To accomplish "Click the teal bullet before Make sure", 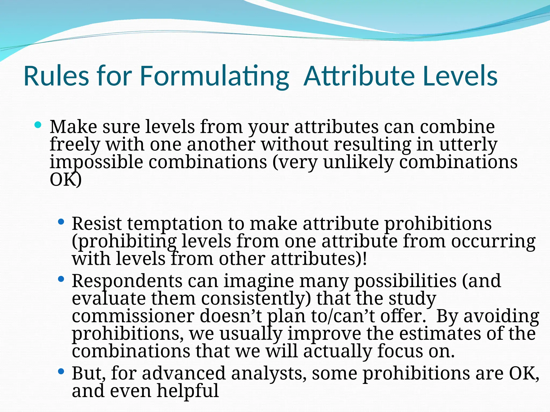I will [x=38, y=125].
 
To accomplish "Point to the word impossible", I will [x=96, y=163].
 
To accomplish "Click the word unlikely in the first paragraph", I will [x=358, y=163].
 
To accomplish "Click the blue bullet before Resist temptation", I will [x=61, y=222].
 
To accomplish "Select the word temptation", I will [x=175, y=224].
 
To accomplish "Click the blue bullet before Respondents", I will [x=61, y=279].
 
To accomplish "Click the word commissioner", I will [x=133, y=316].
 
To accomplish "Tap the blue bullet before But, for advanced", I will [x=61, y=371].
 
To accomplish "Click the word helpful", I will [x=188, y=391].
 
